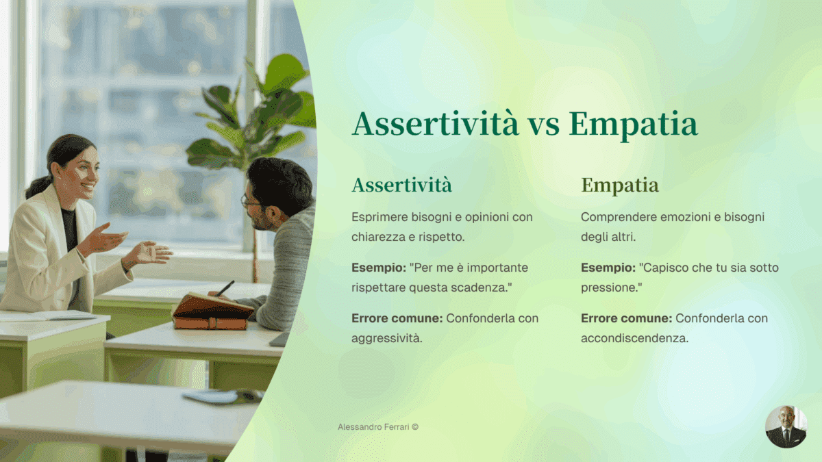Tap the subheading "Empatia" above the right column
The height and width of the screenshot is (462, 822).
click(x=620, y=185)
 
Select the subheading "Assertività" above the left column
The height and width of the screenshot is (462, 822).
click(x=401, y=185)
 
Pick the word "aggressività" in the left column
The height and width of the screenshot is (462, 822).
click(x=386, y=338)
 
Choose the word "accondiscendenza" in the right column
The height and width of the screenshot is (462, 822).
click(x=634, y=338)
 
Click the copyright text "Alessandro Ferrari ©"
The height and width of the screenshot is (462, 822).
click(x=378, y=426)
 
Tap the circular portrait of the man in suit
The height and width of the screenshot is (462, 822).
click(x=786, y=426)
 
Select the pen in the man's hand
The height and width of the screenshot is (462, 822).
click(x=225, y=287)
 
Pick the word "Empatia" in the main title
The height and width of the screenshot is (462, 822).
click(x=633, y=125)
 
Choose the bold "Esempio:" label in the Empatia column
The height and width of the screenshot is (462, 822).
click(x=608, y=268)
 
